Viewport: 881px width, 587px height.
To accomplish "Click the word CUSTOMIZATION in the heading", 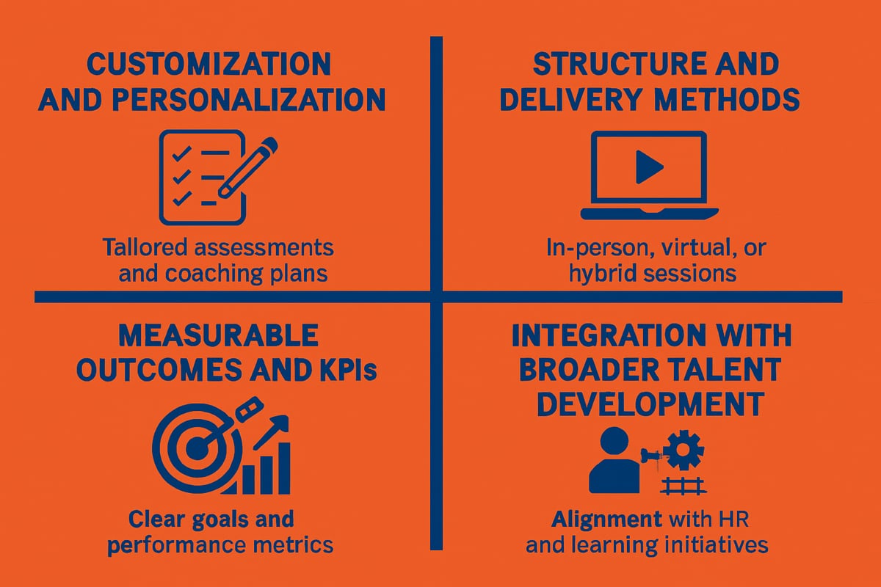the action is [209, 64].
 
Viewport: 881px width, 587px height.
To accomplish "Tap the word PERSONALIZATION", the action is [249, 100].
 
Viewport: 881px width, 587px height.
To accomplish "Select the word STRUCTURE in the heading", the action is [620, 64].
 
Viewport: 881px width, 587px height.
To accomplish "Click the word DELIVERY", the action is [571, 100].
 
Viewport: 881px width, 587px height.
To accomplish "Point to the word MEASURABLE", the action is [218, 335].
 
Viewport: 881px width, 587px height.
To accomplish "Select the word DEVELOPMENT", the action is [651, 404].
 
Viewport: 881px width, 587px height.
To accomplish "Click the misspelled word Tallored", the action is [145, 247].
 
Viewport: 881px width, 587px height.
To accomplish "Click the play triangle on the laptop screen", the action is [649, 167].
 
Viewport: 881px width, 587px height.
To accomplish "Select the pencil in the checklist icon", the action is [248, 167].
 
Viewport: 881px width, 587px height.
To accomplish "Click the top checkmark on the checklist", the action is [182, 153].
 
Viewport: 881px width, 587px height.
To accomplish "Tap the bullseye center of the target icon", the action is [196, 448].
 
